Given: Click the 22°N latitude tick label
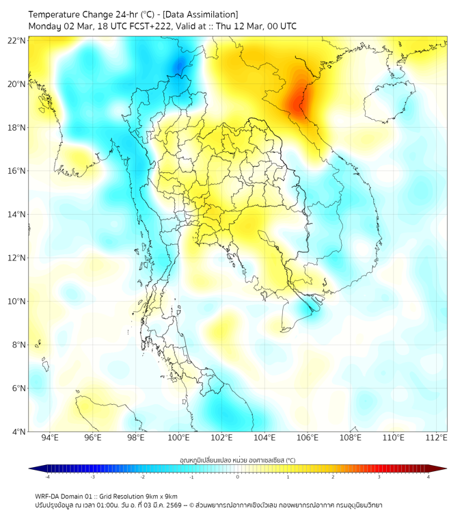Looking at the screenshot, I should (17, 40).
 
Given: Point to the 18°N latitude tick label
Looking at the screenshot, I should (17, 128).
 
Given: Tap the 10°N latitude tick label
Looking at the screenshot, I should (17, 302).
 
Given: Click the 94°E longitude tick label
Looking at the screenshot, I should (50, 438).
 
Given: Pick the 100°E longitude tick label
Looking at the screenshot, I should (178, 438).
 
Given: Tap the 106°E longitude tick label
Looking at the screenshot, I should (308, 438).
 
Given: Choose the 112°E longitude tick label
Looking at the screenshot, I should (436, 438).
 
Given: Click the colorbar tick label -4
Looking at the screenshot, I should (46, 477).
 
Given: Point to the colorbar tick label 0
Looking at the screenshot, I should (238, 477).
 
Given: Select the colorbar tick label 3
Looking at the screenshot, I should (379, 477).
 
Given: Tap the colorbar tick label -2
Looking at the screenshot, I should (141, 477).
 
